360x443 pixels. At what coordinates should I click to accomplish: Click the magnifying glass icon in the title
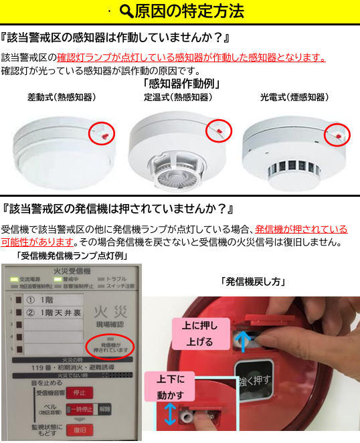click(x=126, y=11)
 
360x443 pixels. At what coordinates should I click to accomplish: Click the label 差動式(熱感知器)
click(x=62, y=97)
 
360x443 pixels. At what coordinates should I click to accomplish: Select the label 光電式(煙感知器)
click(x=294, y=97)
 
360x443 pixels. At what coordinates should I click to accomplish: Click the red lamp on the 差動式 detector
click(x=104, y=134)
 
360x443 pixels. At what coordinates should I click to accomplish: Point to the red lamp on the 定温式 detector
click(x=218, y=130)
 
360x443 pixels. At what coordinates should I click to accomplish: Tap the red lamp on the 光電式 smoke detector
click(x=337, y=136)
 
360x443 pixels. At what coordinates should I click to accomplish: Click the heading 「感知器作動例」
click(x=181, y=84)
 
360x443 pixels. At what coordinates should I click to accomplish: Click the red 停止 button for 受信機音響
click(x=79, y=392)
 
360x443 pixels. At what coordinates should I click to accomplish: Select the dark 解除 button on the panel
click(x=106, y=408)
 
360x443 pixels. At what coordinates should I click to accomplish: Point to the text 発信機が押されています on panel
click(x=110, y=347)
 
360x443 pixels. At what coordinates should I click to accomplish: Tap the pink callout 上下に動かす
click(x=173, y=387)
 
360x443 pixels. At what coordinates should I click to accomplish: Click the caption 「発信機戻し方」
click(x=252, y=282)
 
